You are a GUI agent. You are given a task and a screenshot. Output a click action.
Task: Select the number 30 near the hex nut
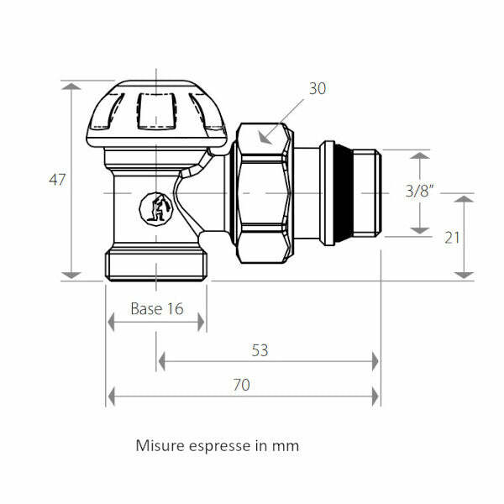317,88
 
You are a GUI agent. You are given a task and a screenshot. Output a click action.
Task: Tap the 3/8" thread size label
417,191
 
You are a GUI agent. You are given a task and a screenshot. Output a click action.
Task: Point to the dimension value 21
452,237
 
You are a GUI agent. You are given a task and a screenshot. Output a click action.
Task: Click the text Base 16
156,308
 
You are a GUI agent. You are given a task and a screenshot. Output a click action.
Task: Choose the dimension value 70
241,386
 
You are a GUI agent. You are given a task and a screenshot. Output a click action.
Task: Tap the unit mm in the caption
285,446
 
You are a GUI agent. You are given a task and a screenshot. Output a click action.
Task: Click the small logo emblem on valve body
155,207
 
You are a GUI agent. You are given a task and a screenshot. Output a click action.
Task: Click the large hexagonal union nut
263,193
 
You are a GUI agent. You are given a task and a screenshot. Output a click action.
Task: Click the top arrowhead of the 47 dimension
72,87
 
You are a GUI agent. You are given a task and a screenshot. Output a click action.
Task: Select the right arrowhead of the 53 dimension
375,361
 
